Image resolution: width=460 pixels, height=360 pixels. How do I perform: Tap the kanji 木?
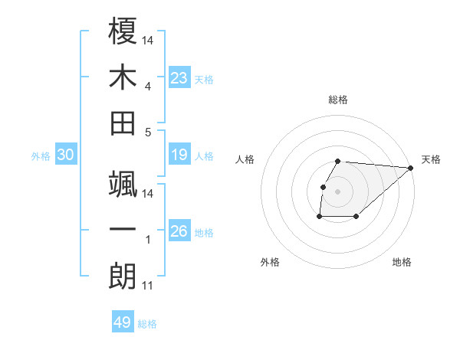point(123,77)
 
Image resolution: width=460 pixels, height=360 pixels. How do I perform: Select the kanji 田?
point(123,123)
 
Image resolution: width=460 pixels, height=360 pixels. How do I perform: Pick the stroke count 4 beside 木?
point(147,86)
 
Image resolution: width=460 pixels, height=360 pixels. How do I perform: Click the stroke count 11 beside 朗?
point(147,286)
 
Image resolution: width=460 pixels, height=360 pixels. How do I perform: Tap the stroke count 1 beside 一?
point(147,241)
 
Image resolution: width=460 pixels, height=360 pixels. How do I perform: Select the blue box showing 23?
point(179,78)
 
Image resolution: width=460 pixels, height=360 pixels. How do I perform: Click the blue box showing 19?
point(179,155)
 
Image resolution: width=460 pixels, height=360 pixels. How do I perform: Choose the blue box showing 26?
point(179,231)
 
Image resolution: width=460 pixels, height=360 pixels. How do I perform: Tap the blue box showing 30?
point(66,155)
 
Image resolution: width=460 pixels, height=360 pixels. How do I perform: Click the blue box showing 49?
point(123,322)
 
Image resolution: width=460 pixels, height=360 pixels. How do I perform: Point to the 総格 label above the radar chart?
point(338,100)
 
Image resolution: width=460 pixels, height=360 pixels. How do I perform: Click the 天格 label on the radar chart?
point(431,159)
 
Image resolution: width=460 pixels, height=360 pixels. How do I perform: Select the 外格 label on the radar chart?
point(270,262)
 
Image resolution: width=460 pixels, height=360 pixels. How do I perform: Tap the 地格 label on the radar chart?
point(402,262)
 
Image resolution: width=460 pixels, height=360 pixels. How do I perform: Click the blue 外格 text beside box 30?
point(41,156)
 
